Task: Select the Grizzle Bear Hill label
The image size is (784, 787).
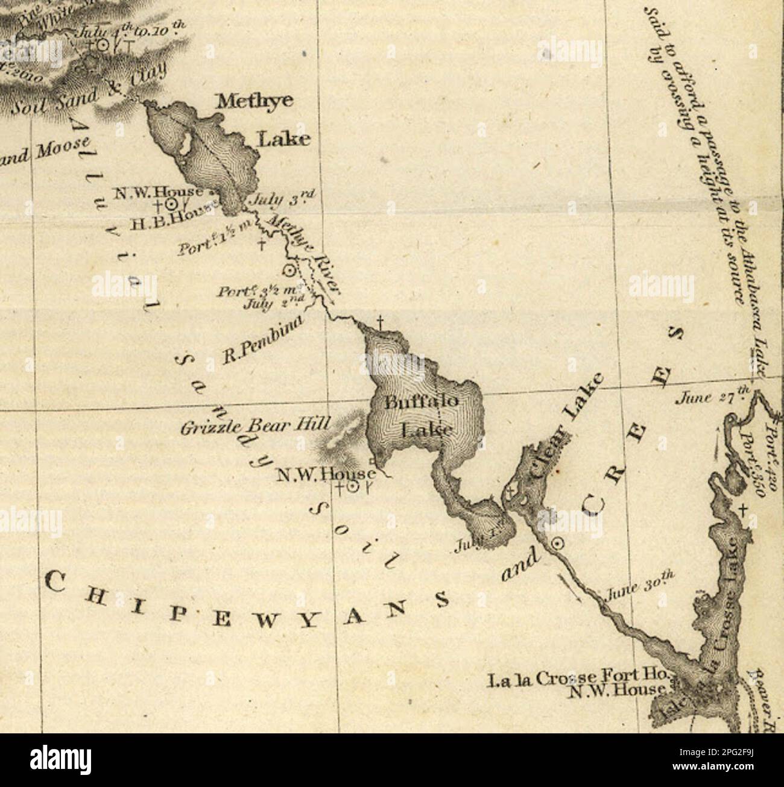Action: [x=255, y=427]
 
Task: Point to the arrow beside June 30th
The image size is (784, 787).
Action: [x=571, y=589]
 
